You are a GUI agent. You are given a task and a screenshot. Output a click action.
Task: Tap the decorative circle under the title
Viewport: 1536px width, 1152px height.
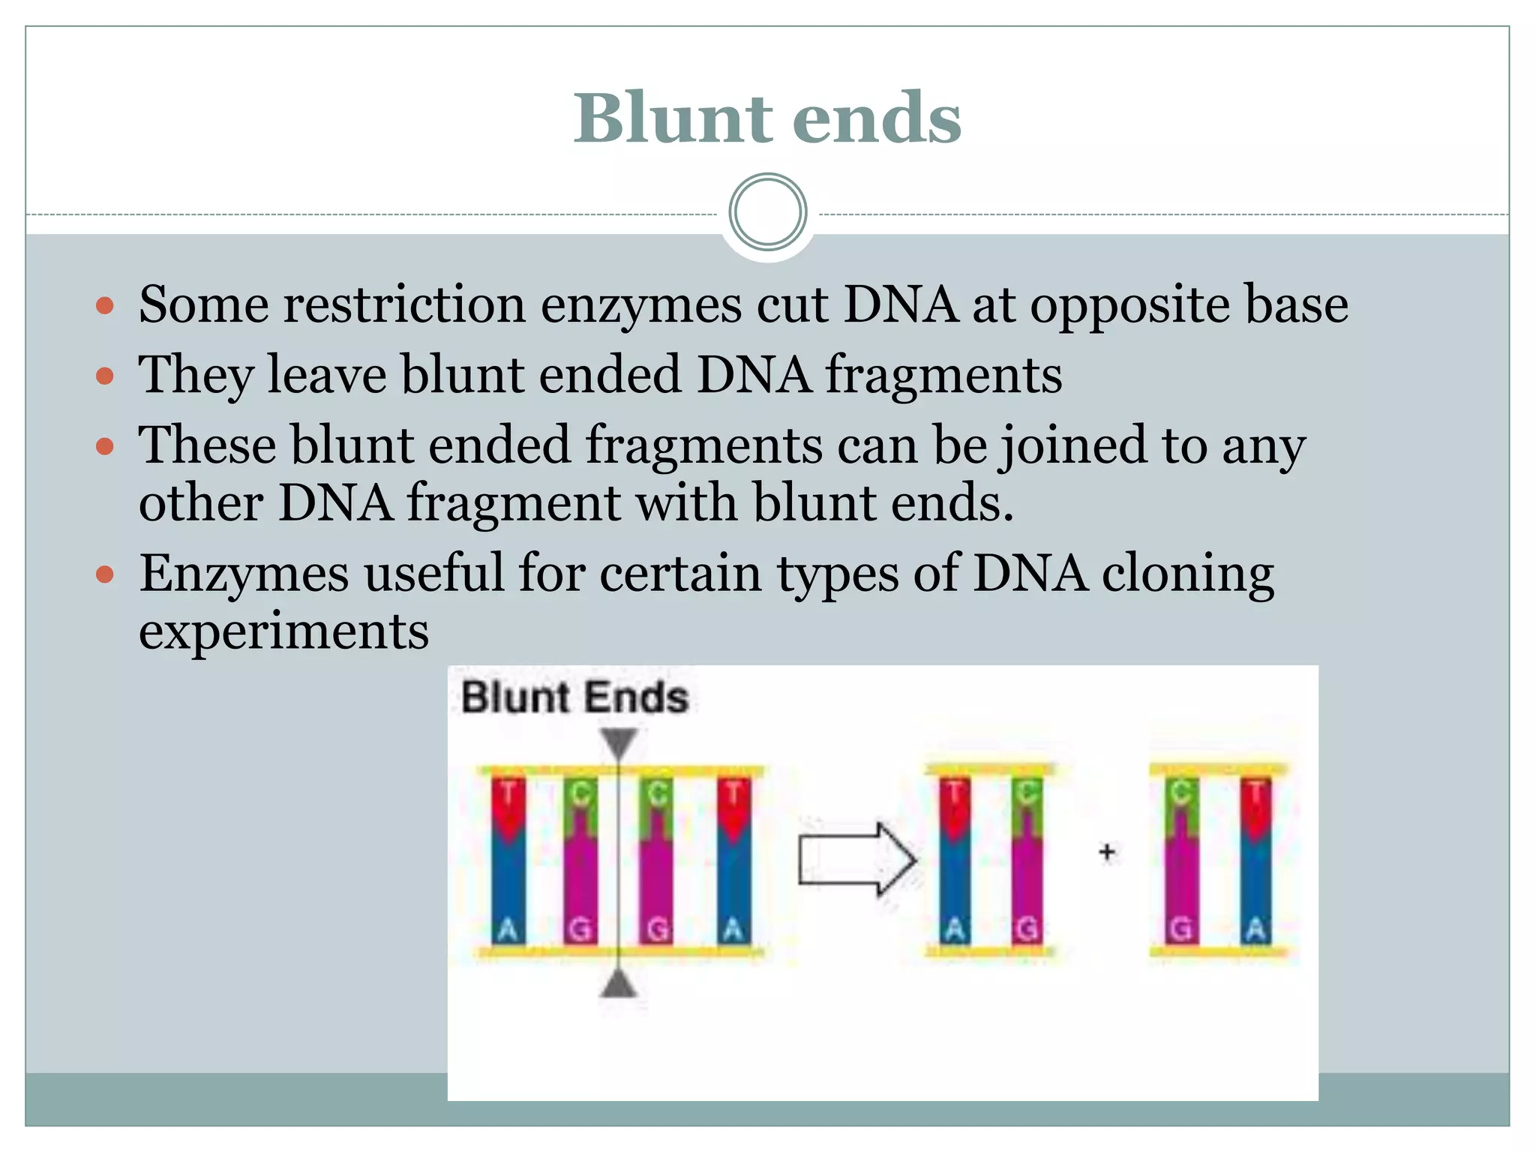(x=767, y=212)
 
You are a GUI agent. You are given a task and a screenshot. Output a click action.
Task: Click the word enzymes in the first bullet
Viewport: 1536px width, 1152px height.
(x=640, y=305)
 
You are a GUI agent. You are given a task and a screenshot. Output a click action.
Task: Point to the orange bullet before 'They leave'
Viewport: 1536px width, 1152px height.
(x=105, y=375)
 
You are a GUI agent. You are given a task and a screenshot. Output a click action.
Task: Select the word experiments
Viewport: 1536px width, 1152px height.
(x=283, y=631)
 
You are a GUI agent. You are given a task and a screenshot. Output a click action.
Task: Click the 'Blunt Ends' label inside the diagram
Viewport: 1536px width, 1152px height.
(x=574, y=697)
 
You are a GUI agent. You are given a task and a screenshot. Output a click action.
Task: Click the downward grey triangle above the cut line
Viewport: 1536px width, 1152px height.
(x=619, y=742)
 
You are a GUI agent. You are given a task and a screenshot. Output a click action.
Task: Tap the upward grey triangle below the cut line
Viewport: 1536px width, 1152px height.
(x=619, y=983)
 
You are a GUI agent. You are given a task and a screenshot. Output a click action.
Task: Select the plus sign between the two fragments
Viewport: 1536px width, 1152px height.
(x=1106, y=852)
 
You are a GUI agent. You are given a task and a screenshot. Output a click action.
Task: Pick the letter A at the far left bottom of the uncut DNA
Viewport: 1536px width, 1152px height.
(x=508, y=930)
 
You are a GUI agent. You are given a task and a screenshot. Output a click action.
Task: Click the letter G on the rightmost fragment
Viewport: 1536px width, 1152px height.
(x=1180, y=930)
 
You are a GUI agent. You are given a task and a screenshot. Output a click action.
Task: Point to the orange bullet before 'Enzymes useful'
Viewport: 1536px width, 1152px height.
(x=105, y=575)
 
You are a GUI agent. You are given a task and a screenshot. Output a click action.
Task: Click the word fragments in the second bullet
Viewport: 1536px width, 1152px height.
(x=943, y=375)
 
